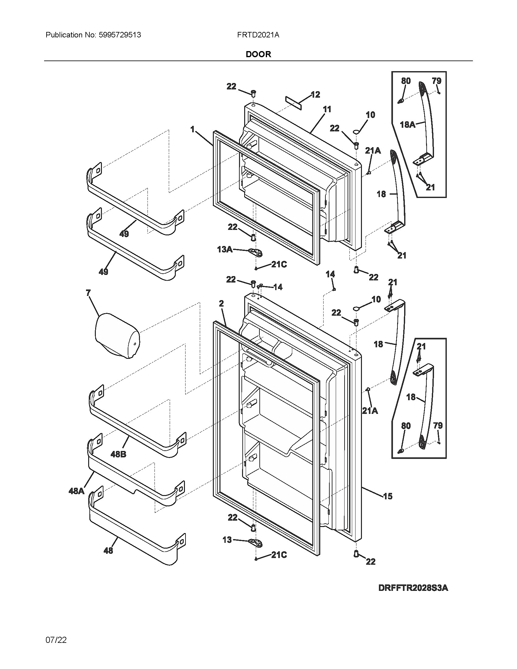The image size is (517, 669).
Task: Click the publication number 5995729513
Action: [120, 35]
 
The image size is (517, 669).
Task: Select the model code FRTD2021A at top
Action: [258, 35]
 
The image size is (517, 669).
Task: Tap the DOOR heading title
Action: [258, 54]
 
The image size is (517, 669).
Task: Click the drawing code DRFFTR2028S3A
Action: [413, 588]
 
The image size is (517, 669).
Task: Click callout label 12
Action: [315, 95]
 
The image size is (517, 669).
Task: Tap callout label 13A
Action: [224, 250]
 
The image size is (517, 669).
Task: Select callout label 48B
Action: [118, 454]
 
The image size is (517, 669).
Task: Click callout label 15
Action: [387, 496]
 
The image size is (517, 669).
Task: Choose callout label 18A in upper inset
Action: [408, 125]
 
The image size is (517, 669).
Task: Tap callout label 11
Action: [327, 109]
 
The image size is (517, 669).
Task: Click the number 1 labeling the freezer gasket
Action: [192, 130]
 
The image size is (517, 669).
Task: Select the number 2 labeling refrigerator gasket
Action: [221, 303]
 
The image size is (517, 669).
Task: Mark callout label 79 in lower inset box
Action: [438, 425]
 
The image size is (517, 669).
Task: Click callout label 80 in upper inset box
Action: [405, 81]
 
